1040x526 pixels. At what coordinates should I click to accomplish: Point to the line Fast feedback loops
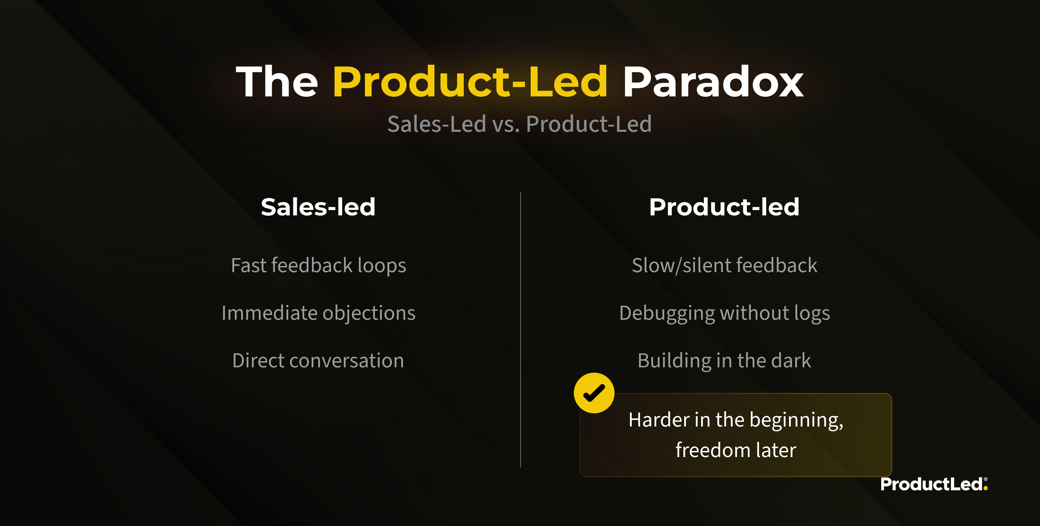(318, 265)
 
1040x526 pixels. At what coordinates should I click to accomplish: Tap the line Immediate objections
(318, 313)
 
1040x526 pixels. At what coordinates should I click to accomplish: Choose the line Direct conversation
(318, 360)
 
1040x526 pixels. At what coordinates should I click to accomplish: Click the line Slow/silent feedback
(725, 265)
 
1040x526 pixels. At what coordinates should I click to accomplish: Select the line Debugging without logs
(725, 313)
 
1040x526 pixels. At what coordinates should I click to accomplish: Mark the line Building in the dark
(724, 361)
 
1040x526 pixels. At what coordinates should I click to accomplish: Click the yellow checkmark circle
(594, 393)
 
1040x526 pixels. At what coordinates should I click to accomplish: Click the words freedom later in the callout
(736, 450)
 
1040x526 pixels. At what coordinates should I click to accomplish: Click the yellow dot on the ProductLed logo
(986, 488)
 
